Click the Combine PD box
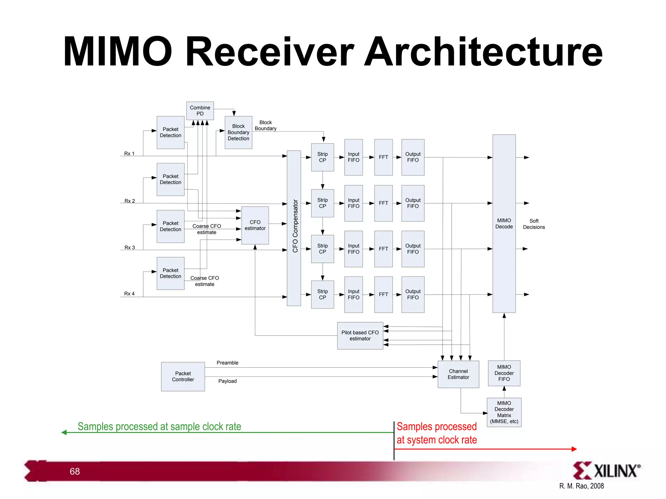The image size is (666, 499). click(200, 111)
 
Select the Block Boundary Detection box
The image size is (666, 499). click(238, 132)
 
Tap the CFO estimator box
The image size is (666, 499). click(255, 225)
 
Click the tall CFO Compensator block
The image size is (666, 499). click(294, 228)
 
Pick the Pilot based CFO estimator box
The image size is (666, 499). click(360, 336)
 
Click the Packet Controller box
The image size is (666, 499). click(183, 377)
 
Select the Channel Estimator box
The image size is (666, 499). click(458, 374)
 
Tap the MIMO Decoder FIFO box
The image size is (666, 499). click(504, 373)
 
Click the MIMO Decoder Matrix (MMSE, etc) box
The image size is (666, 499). click(504, 412)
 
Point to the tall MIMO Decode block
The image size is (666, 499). click(504, 224)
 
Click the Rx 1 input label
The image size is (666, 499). click(129, 154)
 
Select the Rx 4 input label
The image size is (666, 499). click(129, 294)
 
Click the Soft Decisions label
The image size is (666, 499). click(534, 224)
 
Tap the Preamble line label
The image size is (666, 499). click(227, 363)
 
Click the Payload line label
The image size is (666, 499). click(227, 381)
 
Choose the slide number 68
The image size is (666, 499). click(75, 471)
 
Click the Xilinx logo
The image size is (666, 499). click(606, 470)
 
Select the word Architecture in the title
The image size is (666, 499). click(483, 52)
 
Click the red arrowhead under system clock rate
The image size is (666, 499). click(574, 449)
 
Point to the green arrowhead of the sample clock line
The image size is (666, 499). click(64, 432)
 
